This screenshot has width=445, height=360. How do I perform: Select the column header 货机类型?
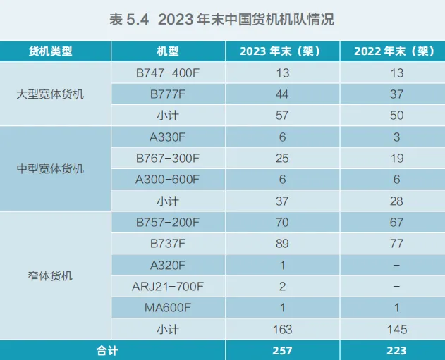tap(50, 51)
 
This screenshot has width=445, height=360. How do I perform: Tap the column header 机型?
tap(168, 51)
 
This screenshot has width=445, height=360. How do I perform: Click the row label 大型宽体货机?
tap(50, 94)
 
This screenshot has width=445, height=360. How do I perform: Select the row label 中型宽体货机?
tap(50, 168)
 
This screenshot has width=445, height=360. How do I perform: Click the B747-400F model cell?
tap(168, 73)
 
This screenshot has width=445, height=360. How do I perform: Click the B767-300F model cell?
tap(168, 158)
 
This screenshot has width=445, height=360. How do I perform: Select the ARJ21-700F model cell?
tap(168, 286)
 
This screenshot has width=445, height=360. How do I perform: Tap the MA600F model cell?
tap(168, 307)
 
